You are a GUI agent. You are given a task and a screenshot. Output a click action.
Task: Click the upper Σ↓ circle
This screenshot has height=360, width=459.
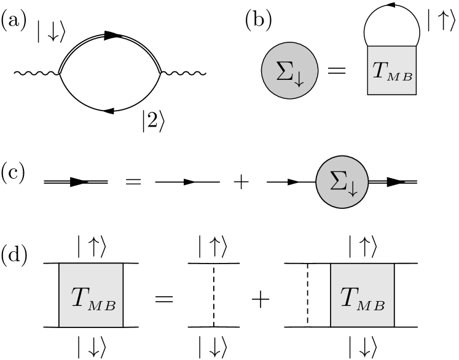289,70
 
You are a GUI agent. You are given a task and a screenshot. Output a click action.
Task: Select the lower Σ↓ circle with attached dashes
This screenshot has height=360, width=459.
342,182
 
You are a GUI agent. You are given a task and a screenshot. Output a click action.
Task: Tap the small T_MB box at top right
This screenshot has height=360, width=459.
391,70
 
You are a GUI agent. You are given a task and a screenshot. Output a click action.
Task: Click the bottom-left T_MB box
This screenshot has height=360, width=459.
91,295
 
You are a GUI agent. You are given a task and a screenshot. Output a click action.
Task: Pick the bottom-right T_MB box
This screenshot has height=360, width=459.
363,295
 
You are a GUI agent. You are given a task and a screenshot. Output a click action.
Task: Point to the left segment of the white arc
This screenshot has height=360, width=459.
75,50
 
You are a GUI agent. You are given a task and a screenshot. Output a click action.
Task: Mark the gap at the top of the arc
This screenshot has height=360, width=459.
113,36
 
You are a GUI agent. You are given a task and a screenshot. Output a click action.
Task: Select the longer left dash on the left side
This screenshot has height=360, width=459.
57,182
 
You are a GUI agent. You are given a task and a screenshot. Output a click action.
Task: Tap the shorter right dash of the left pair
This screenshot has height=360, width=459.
98,182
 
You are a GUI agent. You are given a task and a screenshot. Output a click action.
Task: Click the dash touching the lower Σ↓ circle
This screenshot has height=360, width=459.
377,182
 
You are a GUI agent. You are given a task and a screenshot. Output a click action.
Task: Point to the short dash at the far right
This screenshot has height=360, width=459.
411,182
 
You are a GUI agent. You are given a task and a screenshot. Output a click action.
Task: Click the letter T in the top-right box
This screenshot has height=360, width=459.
380,69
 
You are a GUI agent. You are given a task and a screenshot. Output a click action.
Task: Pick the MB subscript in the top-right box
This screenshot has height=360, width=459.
400,76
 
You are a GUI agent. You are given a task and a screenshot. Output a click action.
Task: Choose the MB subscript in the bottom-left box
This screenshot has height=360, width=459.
102,305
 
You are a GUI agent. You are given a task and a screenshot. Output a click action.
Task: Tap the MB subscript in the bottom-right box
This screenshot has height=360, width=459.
372,305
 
